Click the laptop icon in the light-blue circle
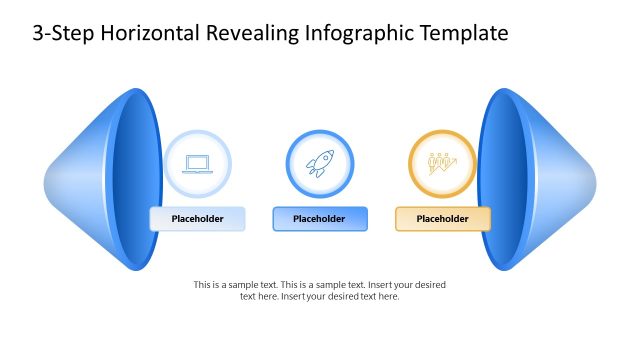(197, 163)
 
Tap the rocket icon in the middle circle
(320, 163)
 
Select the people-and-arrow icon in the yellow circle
(442, 163)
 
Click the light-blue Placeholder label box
(197, 219)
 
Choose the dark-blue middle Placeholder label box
(320, 219)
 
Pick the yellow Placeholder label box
(442, 219)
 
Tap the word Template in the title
(462, 33)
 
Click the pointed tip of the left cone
(47, 181)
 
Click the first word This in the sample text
(202, 285)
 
